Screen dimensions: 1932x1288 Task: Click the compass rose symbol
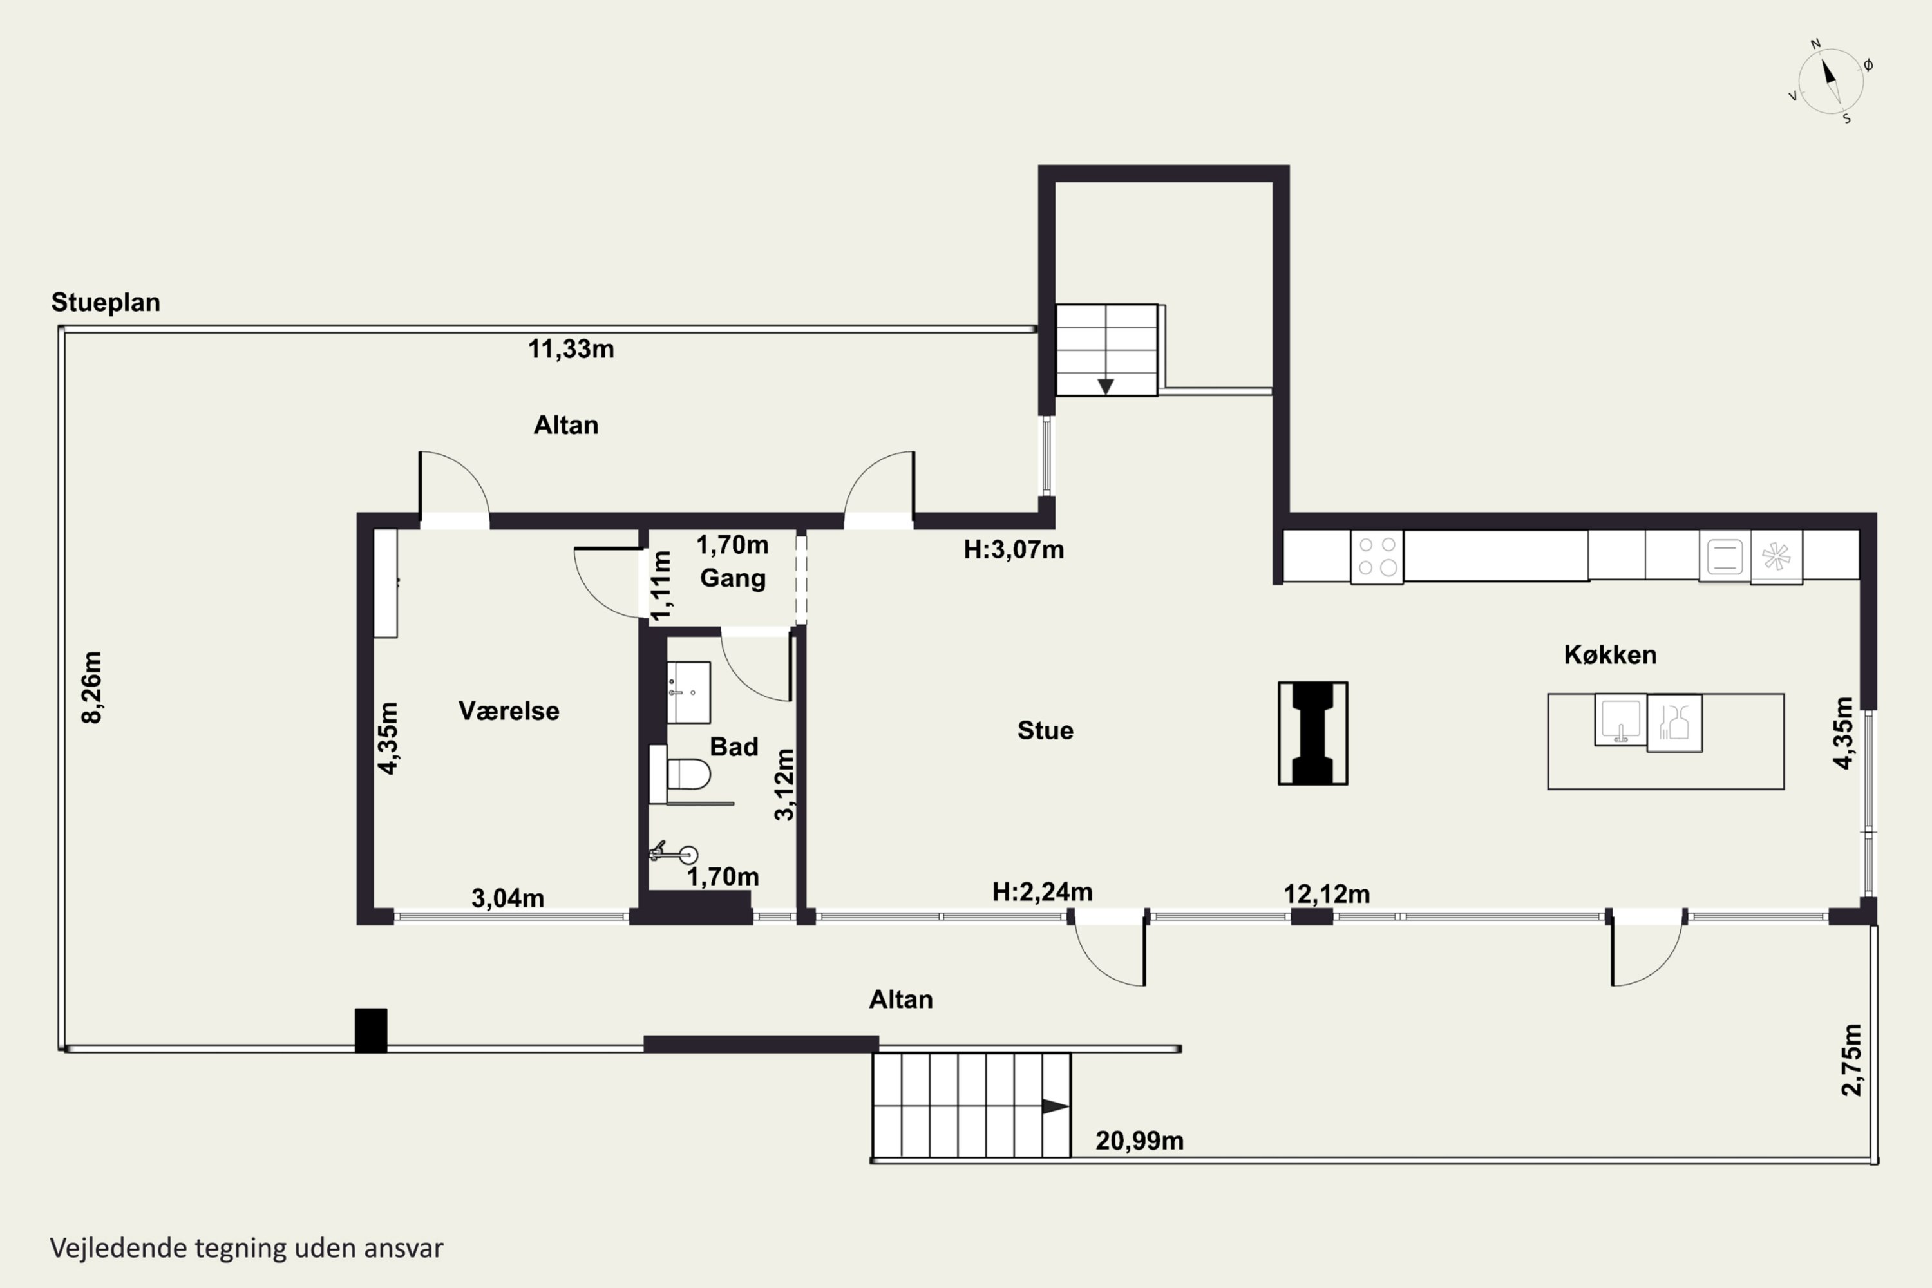1831,81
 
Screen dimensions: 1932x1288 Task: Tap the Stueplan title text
106,302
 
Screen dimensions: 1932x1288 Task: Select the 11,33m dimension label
571,349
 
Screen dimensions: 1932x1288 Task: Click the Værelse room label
509,710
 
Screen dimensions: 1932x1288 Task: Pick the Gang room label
733,578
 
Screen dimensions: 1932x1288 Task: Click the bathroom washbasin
688,692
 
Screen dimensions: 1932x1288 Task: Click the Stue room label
1045,730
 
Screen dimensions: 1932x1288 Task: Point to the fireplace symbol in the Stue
1312,733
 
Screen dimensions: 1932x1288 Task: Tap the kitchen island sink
1621,719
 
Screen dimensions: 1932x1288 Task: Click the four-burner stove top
1377,557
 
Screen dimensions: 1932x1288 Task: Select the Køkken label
1610,655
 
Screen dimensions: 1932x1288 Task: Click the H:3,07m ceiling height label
1014,549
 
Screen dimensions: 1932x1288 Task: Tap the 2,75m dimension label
1851,1059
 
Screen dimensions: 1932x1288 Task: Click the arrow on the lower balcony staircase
1056,1106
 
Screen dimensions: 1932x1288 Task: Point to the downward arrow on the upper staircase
1106,386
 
